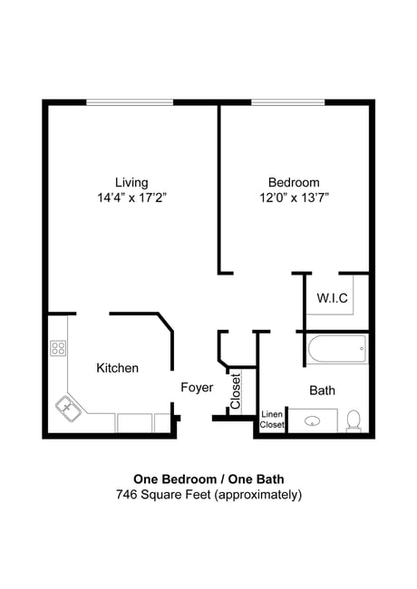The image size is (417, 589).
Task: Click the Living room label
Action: click(x=131, y=182)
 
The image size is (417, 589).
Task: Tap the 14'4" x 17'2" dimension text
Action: click(x=132, y=198)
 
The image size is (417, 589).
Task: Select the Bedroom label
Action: click(x=294, y=182)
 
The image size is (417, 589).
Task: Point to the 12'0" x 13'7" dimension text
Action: click(x=294, y=198)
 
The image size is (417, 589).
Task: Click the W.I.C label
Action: click(x=332, y=298)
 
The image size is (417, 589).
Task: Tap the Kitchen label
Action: click(x=118, y=368)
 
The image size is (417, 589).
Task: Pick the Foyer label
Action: click(x=197, y=388)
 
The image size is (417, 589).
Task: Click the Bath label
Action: click(x=322, y=391)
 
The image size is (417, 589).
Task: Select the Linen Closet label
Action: click(x=272, y=419)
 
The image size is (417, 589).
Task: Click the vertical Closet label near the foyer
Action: click(x=235, y=392)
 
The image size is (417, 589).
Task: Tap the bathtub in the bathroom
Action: click(x=337, y=349)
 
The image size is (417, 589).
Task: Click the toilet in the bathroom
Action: click(x=354, y=420)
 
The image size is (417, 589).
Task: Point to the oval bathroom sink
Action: click(x=314, y=421)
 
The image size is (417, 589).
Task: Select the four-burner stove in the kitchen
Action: click(x=59, y=348)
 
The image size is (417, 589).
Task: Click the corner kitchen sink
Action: click(x=68, y=407)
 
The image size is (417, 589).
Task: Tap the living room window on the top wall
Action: click(x=130, y=101)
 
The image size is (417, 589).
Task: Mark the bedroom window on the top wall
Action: click(x=288, y=101)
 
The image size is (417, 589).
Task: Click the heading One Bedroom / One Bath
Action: click(x=208, y=479)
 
